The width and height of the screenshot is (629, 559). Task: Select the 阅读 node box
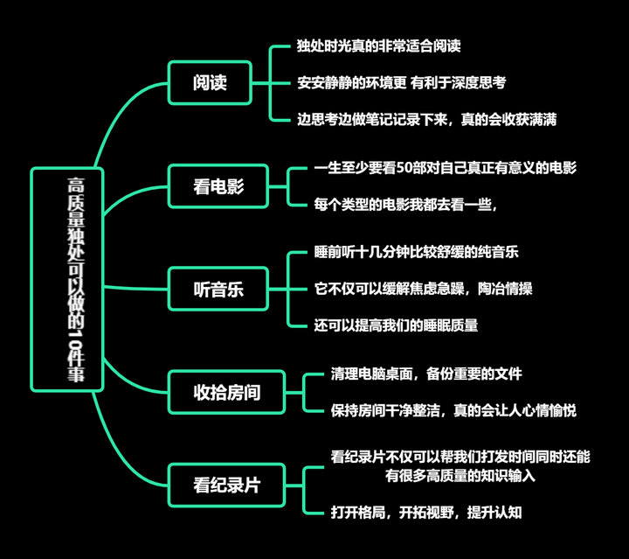[210, 83]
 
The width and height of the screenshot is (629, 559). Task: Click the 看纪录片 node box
[227, 482]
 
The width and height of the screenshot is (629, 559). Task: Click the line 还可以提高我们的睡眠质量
[396, 325]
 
